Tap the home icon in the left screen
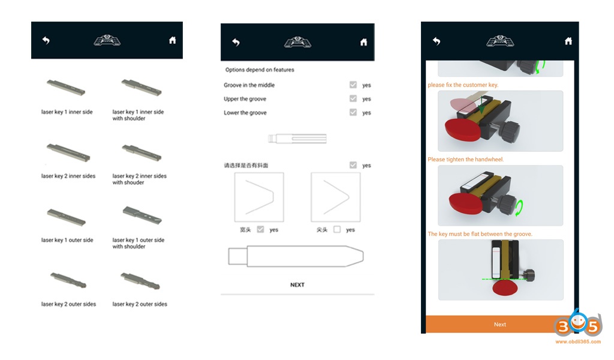172,40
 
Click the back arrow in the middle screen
236,43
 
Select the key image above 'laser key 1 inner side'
66,87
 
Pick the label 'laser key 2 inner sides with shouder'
139,179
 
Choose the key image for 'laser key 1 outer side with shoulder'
142,215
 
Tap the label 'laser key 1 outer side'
67,240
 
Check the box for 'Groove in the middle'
353,85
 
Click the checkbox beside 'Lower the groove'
353,112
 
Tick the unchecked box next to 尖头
337,229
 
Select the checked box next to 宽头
260,229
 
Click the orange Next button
499,325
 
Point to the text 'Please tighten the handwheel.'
465,160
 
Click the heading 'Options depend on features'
260,70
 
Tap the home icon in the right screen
568,41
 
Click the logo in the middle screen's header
297,42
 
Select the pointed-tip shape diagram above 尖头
336,197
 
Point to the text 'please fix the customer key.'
463,85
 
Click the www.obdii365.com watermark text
578,341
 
